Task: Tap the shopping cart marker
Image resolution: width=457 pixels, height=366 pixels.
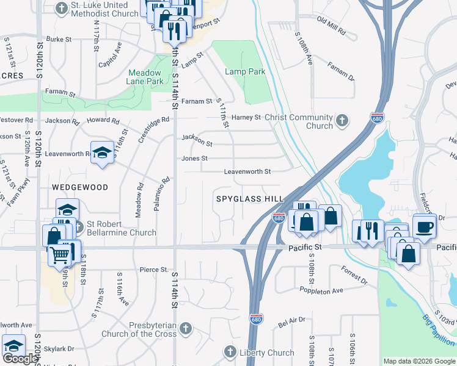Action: pyautogui.click(x=59, y=254)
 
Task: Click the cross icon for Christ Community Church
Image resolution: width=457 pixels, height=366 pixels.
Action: pyautogui.click(x=343, y=121)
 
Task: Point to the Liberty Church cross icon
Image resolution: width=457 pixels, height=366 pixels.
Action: pyautogui.click(x=230, y=352)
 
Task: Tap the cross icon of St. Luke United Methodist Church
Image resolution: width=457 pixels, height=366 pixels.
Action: pyautogui.click(x=61, y=8)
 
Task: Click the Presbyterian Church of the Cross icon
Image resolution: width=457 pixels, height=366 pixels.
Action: pyautogui.click(x=186, y=329)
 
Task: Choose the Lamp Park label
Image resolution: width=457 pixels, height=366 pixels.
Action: pyautogui.click(x=245, y=71)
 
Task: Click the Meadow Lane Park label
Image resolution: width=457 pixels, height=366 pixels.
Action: pyautogui.click(x=145, y=76)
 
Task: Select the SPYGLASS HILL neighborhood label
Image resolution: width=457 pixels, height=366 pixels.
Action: pyautogui.click(x=250, y=199)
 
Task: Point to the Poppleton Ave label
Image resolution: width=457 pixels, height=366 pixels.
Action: pyautogui.click(x=321, y=291)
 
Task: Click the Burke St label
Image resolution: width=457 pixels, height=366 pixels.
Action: pyautogui.click(x=59, y=39)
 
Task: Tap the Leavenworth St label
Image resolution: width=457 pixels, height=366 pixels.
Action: pyautogui.click(x=247, y=172)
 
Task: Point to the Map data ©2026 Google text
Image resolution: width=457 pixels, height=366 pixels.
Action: pyautogui.click(x=419, y=361)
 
